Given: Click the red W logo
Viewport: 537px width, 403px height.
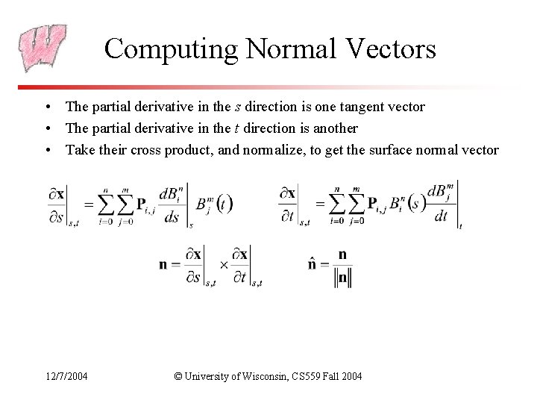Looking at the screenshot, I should (x=43, y=49).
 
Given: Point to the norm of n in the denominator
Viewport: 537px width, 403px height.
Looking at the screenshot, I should (x=343, y=278).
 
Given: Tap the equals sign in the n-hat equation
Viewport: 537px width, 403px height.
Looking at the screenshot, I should (x=325, y=266).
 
